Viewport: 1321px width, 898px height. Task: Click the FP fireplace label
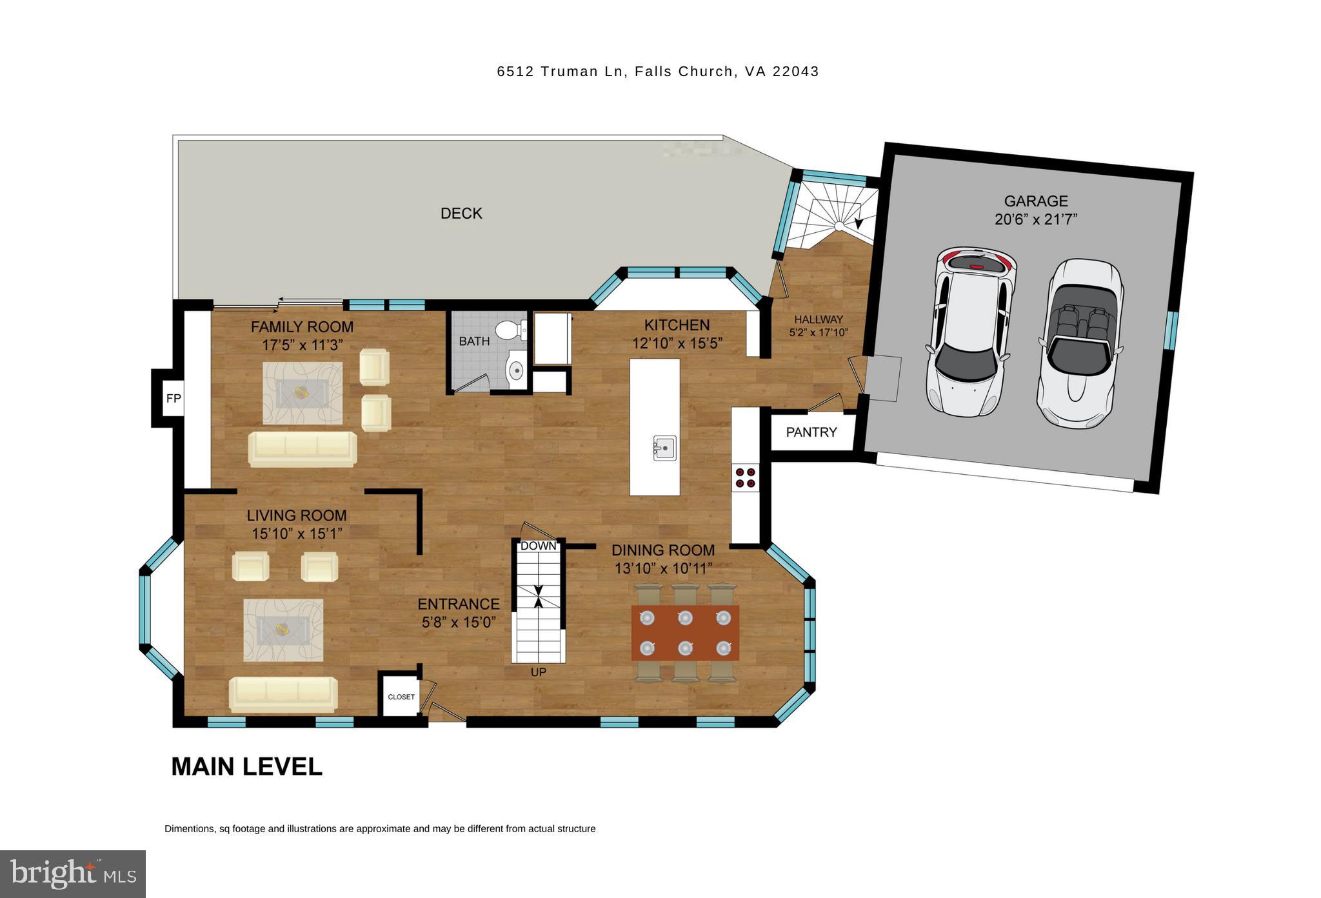[174, 398]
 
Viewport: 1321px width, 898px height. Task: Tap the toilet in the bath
[513, 330]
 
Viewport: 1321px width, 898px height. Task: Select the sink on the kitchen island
[664, 447]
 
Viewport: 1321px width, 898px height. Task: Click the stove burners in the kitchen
[745, 477]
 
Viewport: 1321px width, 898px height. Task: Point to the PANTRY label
[811, 432]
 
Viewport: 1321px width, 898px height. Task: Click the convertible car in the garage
[1079, 343]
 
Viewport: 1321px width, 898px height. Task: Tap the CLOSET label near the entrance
[401, 697]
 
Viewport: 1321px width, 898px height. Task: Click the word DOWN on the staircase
[538, 546]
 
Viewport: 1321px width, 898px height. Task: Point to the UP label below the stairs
[538, 672]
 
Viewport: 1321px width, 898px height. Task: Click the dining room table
[685, 633]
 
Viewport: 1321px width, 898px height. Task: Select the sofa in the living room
[283, 693]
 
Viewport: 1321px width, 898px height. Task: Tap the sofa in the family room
[303, 448]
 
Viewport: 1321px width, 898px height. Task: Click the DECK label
[461, 214]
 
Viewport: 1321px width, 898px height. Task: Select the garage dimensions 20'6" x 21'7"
[1036, 219]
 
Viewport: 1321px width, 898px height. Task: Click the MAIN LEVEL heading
[246, 766]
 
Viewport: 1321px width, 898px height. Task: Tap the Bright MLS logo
[73, 874]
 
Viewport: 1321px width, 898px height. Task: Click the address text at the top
[657, 72]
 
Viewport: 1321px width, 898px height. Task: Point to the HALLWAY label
[818, 319]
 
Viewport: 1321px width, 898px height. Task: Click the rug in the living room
[283, 630]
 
